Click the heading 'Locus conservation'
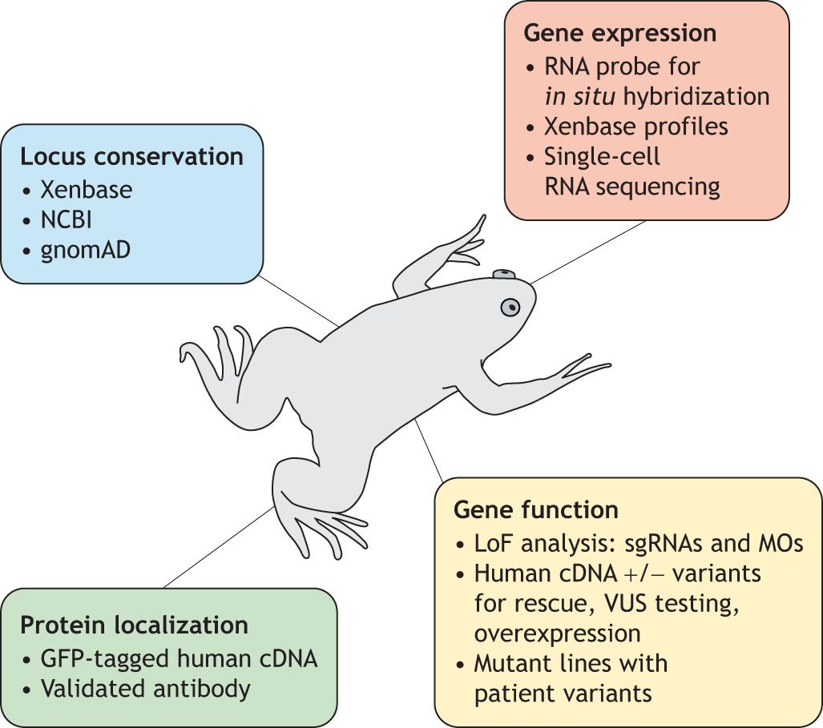131,156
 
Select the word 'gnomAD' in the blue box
86,249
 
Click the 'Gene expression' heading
619,34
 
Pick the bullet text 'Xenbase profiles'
636,127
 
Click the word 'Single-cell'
602,156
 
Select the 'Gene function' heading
535,510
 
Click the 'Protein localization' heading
134,625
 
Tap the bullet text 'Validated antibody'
145,688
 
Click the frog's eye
510,307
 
